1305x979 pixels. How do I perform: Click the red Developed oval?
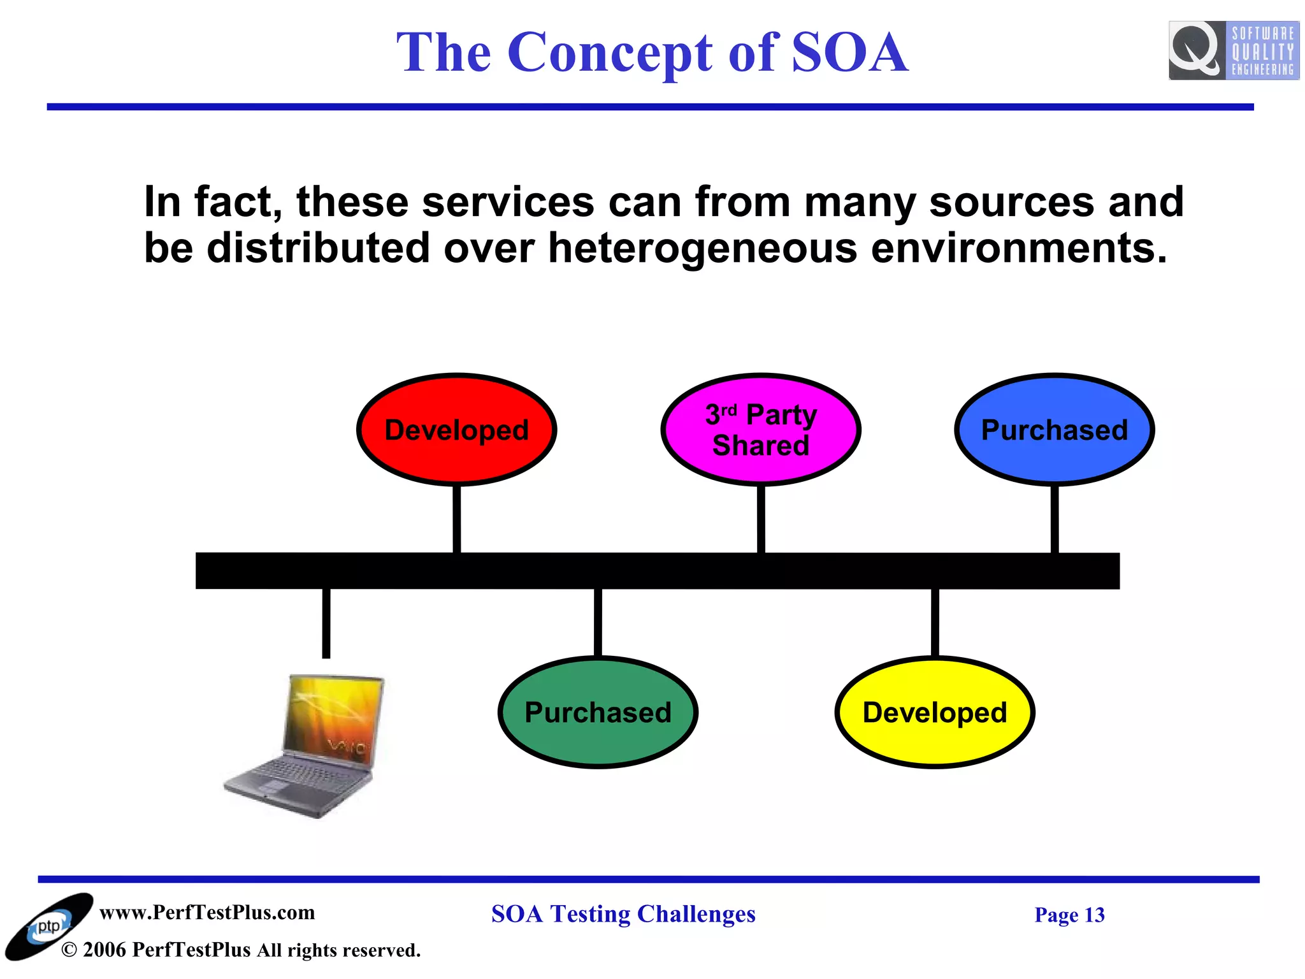(x=456, y=430)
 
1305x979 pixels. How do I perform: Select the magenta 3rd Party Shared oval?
(x=761, y=430)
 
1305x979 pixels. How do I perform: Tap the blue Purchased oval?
(x=1055, y=430)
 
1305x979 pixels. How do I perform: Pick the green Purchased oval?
(x=598, y=712)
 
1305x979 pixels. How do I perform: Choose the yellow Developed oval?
(x=935, y=712)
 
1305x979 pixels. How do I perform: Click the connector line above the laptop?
(x=326, y=623)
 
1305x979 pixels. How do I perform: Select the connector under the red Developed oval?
(x=456, y=519)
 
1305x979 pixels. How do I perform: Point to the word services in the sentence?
(x=507, y=202)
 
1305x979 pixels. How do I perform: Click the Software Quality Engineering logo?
(x=1234, y=51)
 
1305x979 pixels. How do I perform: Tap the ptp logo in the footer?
(x=48, y=926)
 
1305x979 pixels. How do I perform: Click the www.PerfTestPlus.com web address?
(x=207, y=912)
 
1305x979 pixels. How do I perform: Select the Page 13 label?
(x=1069, y=915)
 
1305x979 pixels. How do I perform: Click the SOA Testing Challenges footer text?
(x=623, y=914)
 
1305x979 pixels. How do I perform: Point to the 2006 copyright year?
(x=104, y=950)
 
